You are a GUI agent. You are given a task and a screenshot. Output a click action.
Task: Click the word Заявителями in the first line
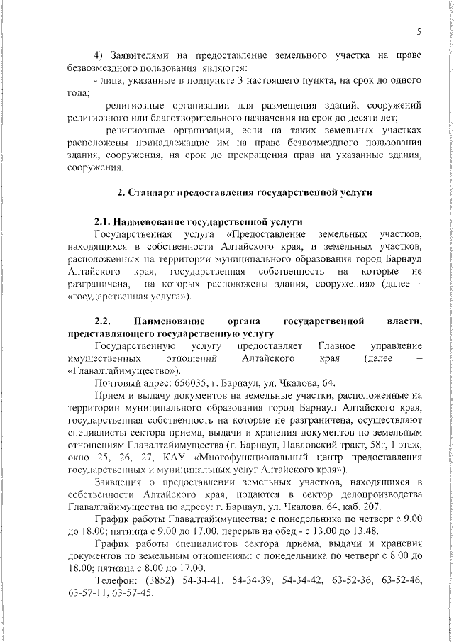tap(145, 55)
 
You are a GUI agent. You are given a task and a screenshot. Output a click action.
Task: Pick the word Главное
tap(340, 345)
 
